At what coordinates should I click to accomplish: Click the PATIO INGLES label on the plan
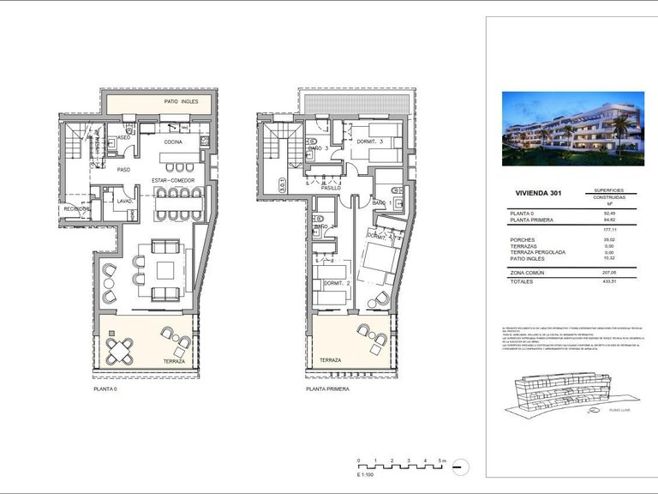181,102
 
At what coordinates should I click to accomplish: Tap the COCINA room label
174,142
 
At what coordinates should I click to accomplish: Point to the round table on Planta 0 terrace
121,349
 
